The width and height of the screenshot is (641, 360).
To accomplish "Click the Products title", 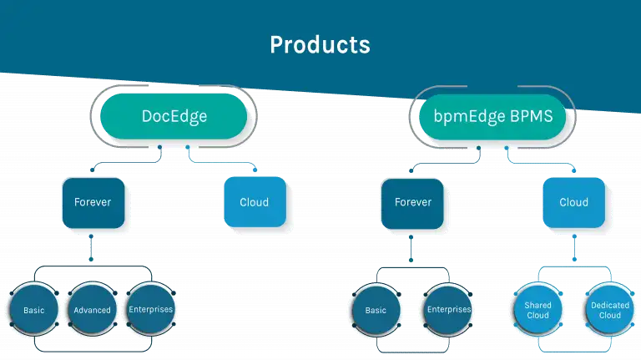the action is (320, 44).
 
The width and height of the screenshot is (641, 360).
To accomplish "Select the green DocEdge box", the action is (174, 116).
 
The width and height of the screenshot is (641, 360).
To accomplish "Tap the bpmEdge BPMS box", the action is (492, 117).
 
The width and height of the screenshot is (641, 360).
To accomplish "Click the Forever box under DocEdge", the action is (93, 203).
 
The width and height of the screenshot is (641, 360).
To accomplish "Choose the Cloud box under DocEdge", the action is (255, 202).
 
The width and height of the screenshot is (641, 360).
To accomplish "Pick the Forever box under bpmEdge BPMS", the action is (412, 203).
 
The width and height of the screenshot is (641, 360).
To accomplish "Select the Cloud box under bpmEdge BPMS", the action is (574, 202).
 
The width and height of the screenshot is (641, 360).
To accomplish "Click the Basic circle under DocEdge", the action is (34, 309).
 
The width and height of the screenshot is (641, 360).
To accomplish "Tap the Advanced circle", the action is (93, 309).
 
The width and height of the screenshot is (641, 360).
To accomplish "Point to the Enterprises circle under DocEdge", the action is (151, 309).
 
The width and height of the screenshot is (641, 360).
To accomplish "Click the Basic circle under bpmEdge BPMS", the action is (376, 310).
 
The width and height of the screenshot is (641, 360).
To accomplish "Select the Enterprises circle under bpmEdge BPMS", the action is (448, 310).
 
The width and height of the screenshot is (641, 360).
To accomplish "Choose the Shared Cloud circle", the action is (538, 310).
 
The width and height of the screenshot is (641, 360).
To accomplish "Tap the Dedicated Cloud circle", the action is (610, 310).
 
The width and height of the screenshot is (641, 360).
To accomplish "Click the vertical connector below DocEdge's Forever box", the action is (91, 248).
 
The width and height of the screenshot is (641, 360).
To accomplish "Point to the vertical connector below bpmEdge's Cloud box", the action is (574, 248).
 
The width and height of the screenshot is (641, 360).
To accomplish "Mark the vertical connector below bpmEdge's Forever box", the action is (411, 249).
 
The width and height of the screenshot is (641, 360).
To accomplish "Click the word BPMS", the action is (532, 116).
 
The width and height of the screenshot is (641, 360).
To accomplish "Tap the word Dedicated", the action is (610, 305).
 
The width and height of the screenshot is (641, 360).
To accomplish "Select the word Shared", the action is (538, 305).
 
